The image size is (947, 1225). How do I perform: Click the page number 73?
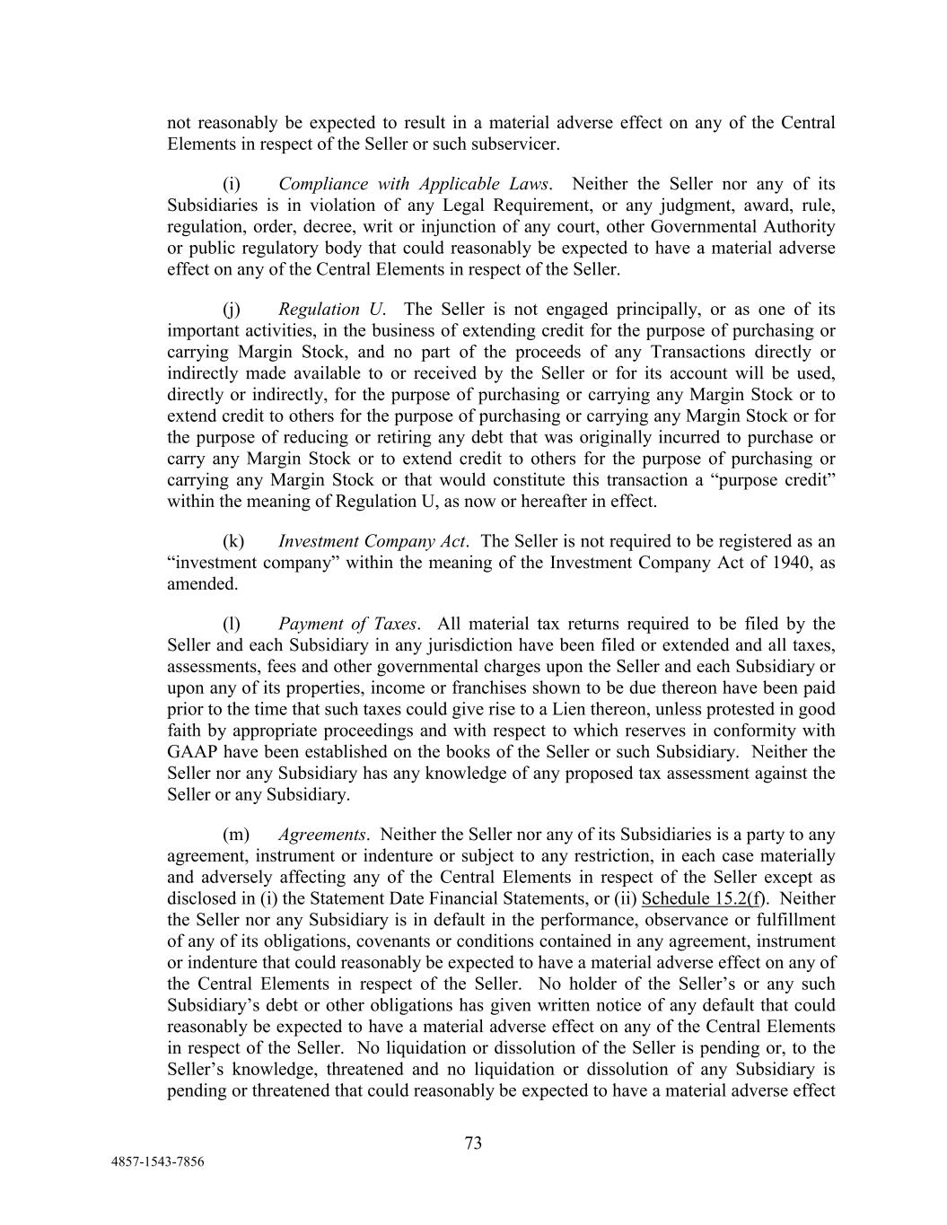pos(474,1142)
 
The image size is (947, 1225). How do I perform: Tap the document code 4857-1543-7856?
pos(157,1161)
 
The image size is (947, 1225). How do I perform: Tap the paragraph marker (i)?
pos(232,184)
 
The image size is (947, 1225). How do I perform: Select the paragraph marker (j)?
pos(232,310)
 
